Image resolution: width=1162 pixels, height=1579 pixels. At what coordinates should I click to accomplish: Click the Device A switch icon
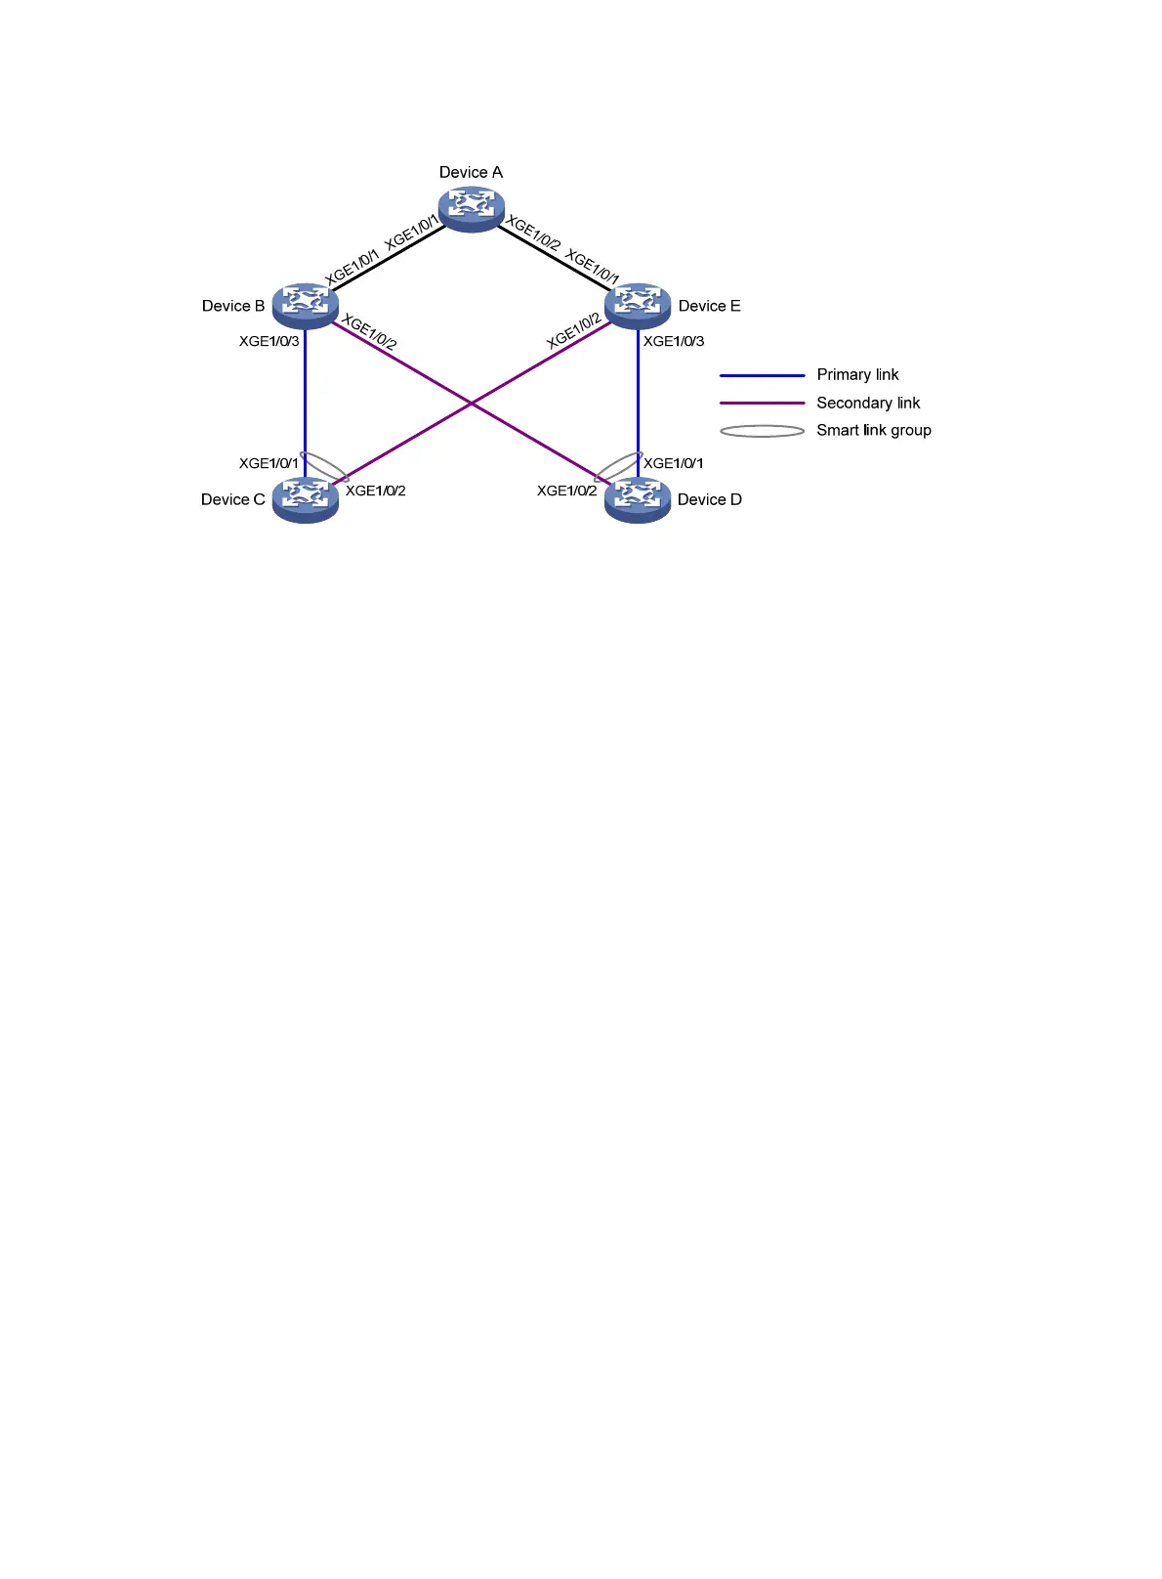[x=472, y=208]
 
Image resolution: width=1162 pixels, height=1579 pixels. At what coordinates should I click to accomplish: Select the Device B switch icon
[x=305, y=305]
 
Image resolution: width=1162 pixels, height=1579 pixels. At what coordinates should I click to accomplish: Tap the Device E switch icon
[x=638, y=305]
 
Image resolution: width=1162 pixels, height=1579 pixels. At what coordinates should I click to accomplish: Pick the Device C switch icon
[x=305, y=499]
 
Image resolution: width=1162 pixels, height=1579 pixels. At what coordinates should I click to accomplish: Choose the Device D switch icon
[x=638, y=499]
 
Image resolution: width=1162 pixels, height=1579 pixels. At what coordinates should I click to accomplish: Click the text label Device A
[x=471, y=172]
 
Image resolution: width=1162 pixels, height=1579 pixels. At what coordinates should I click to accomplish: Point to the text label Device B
[x=233, y=306]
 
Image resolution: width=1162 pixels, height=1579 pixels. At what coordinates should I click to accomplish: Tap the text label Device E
[x=709, y=306]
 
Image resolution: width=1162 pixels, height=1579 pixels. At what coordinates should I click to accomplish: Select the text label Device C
[x=233, y=499]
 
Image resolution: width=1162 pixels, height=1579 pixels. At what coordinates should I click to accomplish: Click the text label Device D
[x=710, y=499]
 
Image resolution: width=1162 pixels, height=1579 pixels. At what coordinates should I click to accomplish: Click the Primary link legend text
[x=857, y=374]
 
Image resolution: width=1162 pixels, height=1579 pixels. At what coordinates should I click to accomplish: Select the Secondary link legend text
[x=868, y=403]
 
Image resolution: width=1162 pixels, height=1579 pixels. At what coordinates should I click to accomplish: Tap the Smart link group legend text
[x=874, y=430]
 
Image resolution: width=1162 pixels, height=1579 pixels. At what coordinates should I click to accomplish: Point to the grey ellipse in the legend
[x=763, y=431]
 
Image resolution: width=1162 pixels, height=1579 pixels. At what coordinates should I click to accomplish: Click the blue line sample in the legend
[x=763, y=375]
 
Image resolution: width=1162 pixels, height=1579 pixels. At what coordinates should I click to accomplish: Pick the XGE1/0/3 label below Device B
[x=270, y=341]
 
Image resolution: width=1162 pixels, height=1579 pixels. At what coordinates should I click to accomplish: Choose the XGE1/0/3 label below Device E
[x=674, y=341]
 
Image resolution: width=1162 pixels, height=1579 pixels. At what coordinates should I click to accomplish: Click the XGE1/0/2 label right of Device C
[x=376, y=491]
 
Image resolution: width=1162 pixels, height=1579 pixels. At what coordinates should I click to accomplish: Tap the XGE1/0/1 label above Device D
[x=674, y=463]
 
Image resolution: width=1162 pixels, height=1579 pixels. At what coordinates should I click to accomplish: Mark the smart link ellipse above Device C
[x=325, y=466]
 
